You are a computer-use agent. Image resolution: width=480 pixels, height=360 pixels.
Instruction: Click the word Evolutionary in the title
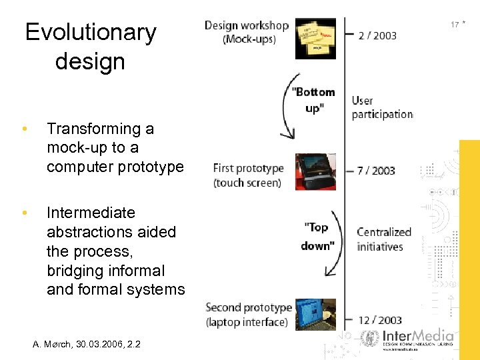[91, 32]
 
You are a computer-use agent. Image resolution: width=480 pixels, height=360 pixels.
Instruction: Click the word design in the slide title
[90, 61]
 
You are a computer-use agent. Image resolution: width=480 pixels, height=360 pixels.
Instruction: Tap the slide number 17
[454, 25]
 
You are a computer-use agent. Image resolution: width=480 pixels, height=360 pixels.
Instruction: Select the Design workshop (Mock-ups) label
[246, 32]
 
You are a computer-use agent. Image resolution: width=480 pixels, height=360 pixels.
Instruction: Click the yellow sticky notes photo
[315, 38]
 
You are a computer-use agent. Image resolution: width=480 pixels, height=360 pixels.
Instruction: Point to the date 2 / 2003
[377, 35]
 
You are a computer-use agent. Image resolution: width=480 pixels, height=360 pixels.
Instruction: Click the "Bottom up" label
[313, 99]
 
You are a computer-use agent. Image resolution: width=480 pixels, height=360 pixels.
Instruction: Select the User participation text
[382, 107]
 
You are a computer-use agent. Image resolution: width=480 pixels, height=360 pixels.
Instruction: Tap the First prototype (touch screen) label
[248, 175]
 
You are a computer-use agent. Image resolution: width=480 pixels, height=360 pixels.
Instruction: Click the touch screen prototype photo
[315, 171]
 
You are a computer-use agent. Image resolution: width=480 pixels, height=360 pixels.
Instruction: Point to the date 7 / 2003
[376, 171]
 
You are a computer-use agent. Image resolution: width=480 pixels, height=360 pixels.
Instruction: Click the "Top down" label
[317, 236]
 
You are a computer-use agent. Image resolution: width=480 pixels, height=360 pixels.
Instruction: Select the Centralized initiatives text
[383, 239]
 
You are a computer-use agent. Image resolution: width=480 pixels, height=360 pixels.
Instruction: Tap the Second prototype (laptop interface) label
[248, 315]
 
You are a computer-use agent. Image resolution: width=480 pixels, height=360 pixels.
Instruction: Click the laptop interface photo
[315, 314]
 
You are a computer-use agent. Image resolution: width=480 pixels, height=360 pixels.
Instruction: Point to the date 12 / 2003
[380, 321]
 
